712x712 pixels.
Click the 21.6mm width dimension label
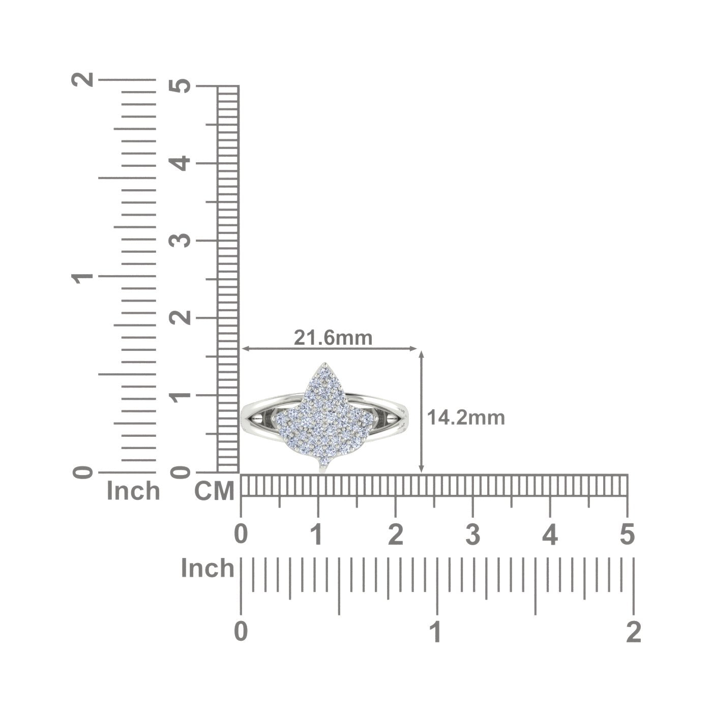tap(333, 337)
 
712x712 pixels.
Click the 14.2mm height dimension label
tap(466, 418)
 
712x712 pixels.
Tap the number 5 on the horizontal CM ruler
tap(627, 535)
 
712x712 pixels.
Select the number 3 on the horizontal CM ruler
tap(473, 535)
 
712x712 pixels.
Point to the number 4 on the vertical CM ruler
tap(180, 163)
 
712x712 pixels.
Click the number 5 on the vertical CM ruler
tap(180, 86)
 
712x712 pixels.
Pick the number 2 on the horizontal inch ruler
tap(634, 632)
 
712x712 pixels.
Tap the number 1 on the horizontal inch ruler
tap(437, 632)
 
